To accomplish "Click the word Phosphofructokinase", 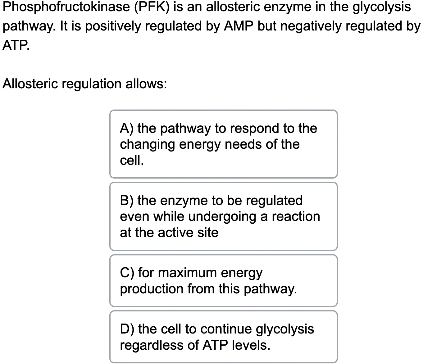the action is click(x=66, y=7).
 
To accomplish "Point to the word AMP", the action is click(x=239, y=26).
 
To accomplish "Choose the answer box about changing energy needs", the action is click(x=223, y=144).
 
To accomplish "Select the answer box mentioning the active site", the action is click(x=223, y=217).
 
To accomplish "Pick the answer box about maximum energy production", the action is click(x=223, y=281).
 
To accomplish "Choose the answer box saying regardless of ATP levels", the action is click(x=223, y=337).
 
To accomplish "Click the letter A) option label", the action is click(x=127, y=128).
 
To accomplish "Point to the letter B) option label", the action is click(x=127, y=200).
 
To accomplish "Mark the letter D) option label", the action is click(x=127, y=329).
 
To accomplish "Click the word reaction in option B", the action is click(x=296, y=217).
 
